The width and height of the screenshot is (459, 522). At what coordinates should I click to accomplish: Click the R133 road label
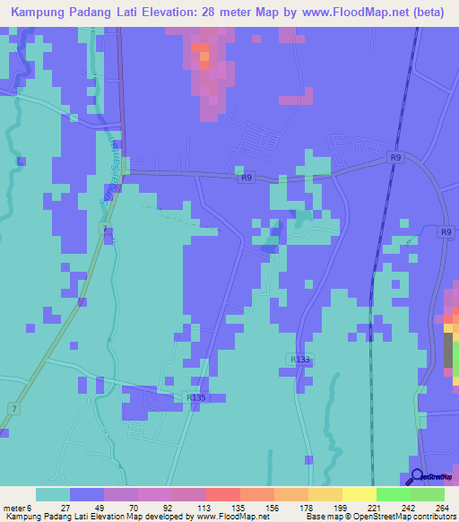point(300,359)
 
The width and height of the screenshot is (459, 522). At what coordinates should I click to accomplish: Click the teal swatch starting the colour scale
point(53,494)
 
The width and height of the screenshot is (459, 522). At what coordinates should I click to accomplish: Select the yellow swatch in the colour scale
point(359,494)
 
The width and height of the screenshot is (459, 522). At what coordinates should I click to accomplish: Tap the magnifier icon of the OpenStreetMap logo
point(417,476)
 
